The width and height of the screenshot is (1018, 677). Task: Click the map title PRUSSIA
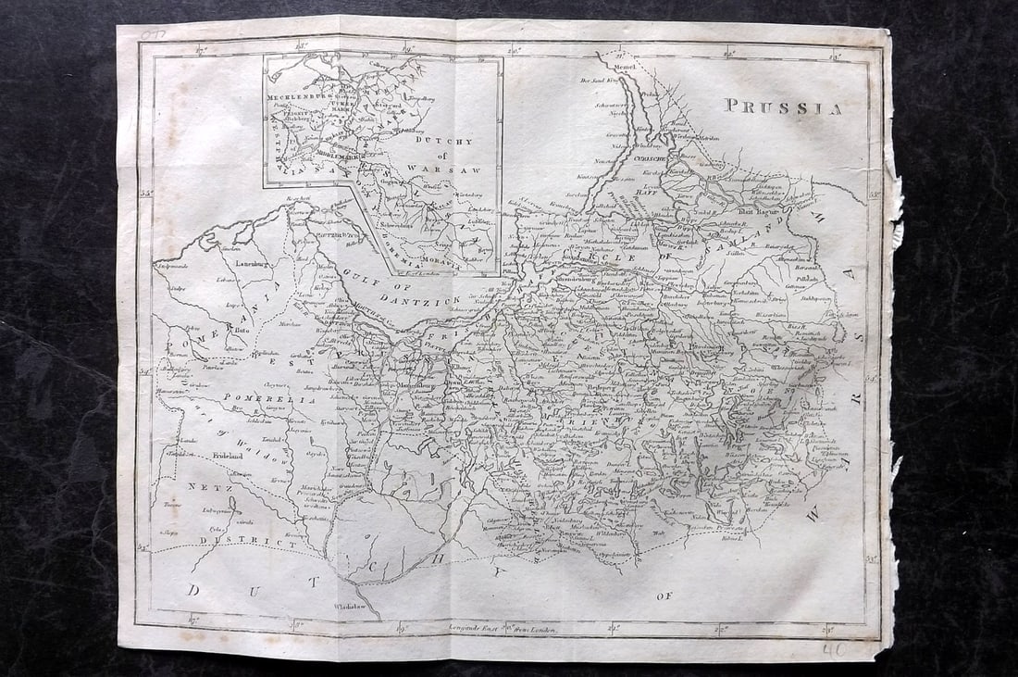783,107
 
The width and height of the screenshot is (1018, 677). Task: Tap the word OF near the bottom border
664,596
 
